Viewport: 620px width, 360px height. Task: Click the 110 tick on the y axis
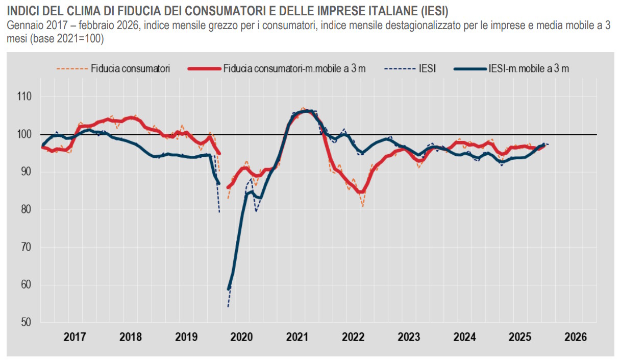click(24, 97)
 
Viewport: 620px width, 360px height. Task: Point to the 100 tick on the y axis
click(24, 134)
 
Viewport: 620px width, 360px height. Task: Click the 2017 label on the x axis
click(75, 338)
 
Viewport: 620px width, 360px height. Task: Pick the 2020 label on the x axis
click(241, 338)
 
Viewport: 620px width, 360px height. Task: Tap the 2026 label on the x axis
click(576, 338)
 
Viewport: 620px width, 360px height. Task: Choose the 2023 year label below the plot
click(409, 338)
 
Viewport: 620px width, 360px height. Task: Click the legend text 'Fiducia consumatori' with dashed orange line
click(130, 68)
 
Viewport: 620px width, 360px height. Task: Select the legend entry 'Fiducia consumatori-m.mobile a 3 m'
click(294, 68)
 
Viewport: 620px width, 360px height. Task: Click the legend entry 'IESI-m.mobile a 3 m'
click(528, 68)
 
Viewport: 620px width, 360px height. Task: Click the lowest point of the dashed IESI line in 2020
click(228, 307)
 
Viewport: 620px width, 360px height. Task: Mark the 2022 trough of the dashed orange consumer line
click(363, 206)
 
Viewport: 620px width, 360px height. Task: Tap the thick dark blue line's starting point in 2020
click(229, 289)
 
